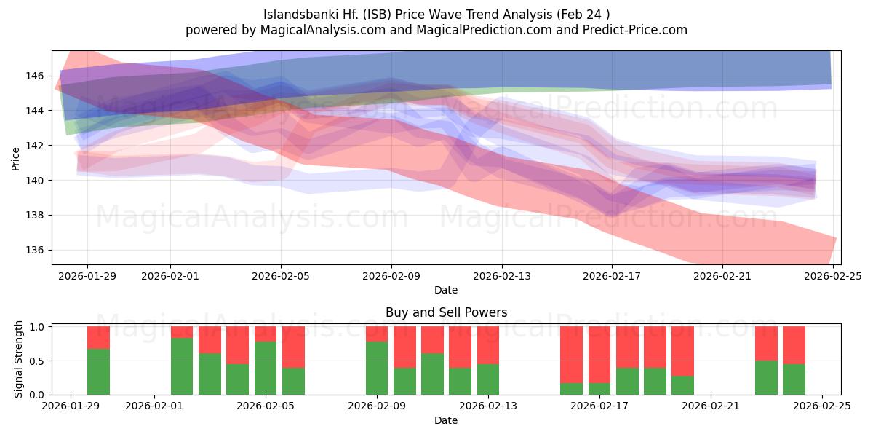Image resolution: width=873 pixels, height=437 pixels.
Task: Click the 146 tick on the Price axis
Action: pos(35,76)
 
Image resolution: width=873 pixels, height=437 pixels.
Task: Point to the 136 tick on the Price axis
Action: pos(35,250)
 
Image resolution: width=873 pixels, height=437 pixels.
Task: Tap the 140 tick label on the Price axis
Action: pos(35,181)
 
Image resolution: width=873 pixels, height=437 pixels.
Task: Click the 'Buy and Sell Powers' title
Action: pos(446,312)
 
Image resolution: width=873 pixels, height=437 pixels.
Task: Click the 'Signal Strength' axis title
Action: pos(19,359)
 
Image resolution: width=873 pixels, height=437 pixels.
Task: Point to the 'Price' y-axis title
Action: pos(16,158)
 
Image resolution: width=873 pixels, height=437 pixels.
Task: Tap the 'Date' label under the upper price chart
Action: pos(446,290)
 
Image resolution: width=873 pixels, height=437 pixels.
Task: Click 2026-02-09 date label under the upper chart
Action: pos(391,276)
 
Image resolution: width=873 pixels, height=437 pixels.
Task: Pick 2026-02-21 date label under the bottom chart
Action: pos(711,406)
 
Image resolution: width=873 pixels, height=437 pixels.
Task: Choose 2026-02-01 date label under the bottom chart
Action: pos(155,406)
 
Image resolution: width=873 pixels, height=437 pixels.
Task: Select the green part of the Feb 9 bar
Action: pos(377,368)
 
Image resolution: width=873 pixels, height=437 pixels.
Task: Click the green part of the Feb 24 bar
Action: pos(794,379)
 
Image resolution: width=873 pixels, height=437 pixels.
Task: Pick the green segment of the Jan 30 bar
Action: pos(98,371)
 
